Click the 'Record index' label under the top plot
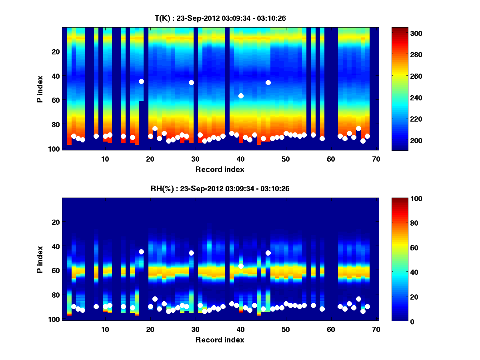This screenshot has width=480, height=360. (x=220, y=170)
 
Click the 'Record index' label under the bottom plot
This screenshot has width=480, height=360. (x=220, y=340)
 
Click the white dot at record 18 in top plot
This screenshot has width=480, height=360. (x=141, y=81)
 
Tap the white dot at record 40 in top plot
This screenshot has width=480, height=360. (x=241, y=96)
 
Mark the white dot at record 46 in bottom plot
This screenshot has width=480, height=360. (x=268, y=253)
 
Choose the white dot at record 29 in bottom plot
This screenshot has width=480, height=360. (x=191, y=253)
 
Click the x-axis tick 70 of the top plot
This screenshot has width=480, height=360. (x=376, y=159)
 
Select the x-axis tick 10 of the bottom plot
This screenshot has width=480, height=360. (x=105, y=329)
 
